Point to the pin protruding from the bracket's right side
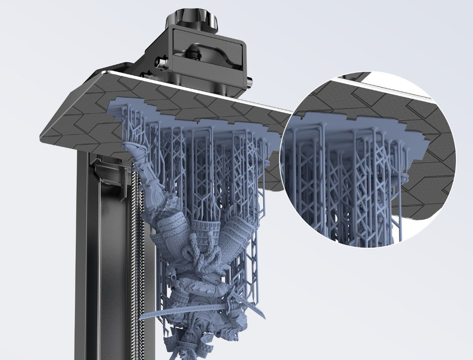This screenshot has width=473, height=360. [x=250, y=82]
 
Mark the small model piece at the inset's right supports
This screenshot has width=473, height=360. [x=403, y=177]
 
